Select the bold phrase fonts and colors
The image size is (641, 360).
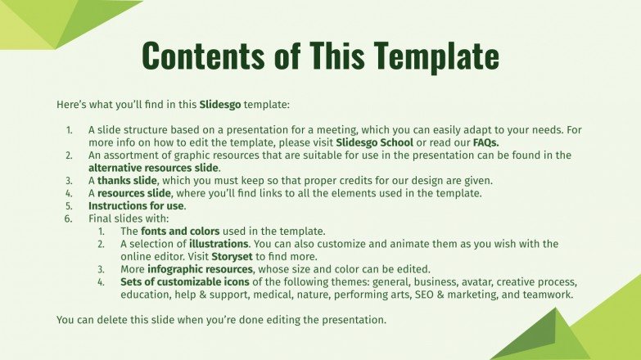click(174, 232)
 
